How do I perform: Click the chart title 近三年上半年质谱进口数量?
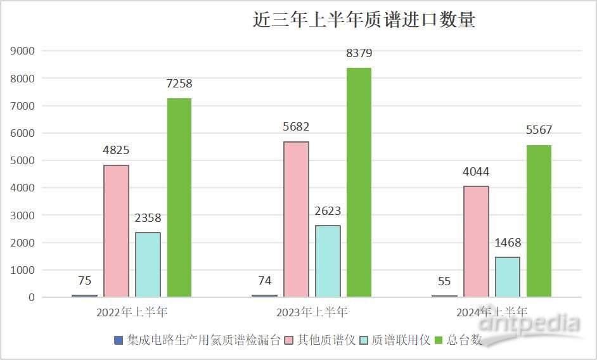coord(364,20)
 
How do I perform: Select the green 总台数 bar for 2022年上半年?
coord(179,198)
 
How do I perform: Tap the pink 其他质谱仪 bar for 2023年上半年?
coord(296,219)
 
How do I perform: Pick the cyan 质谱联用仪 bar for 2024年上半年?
coord(508,277)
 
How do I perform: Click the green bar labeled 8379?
coord(359,183)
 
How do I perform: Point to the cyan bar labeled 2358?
coord(148,265)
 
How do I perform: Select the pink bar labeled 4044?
coord(476,241)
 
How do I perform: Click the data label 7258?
coord(179,84)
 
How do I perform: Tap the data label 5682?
coord(296,127)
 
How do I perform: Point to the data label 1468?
coord(508,243)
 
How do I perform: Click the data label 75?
coord(85,281)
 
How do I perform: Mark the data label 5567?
coord(539,131)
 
